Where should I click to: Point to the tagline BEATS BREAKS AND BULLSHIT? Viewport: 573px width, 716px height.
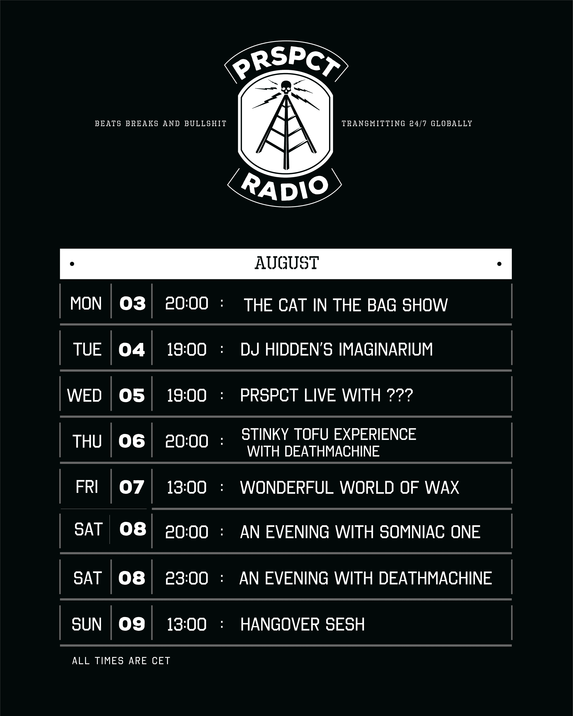[x=161, y=124]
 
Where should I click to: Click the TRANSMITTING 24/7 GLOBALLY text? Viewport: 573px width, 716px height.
[x=407, y=124]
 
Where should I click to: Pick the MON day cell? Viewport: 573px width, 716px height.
[x=86, y=303]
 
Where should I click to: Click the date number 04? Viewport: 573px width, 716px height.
[x=132, y=350]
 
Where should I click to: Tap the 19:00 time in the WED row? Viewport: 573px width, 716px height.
[x=186, y=396]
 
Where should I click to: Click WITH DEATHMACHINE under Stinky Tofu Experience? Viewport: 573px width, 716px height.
[x=313, y=451]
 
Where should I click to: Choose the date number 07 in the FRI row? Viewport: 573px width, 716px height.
[x=132, y=487]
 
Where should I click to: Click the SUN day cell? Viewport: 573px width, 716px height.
[x=86, y=624]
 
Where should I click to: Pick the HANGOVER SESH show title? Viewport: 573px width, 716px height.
[x=302, y=624]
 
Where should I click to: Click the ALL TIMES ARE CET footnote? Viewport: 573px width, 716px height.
[x=121, y=661]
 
